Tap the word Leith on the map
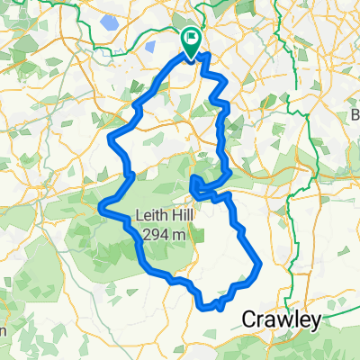point(149,215)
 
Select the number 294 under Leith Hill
point(153,233)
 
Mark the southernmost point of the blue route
point(217,309)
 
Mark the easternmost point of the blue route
point(260,265)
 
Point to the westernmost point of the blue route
point(98,209)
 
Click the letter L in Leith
point(137,215)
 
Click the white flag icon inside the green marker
point(192,38)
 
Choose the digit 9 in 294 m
point(153,233)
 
